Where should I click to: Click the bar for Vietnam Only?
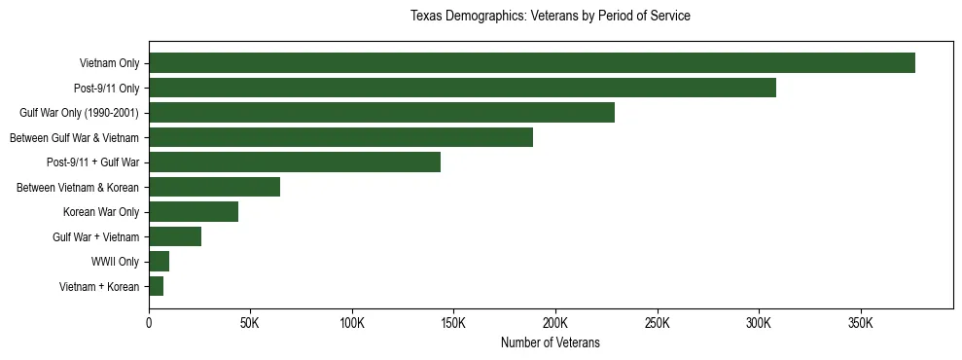tap(531, 63)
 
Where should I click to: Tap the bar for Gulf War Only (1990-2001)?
tap(381, 113)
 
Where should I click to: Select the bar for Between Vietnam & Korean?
tap(214, 187)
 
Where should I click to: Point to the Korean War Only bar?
tap(194, 212)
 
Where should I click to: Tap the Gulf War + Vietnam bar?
tap(175, 236)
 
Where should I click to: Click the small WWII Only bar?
tap(159, 261)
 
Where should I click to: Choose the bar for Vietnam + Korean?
tap(156, 286)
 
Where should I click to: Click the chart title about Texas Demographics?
tap(550, 17)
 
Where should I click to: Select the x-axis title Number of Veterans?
tap(550, 343)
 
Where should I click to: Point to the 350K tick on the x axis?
tap(861, 322)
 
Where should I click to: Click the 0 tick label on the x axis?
tap(149, 322)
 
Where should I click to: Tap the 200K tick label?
tap(555, 322)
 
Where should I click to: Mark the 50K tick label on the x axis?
tap(250, 322)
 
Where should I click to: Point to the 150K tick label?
tap(454, 322)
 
